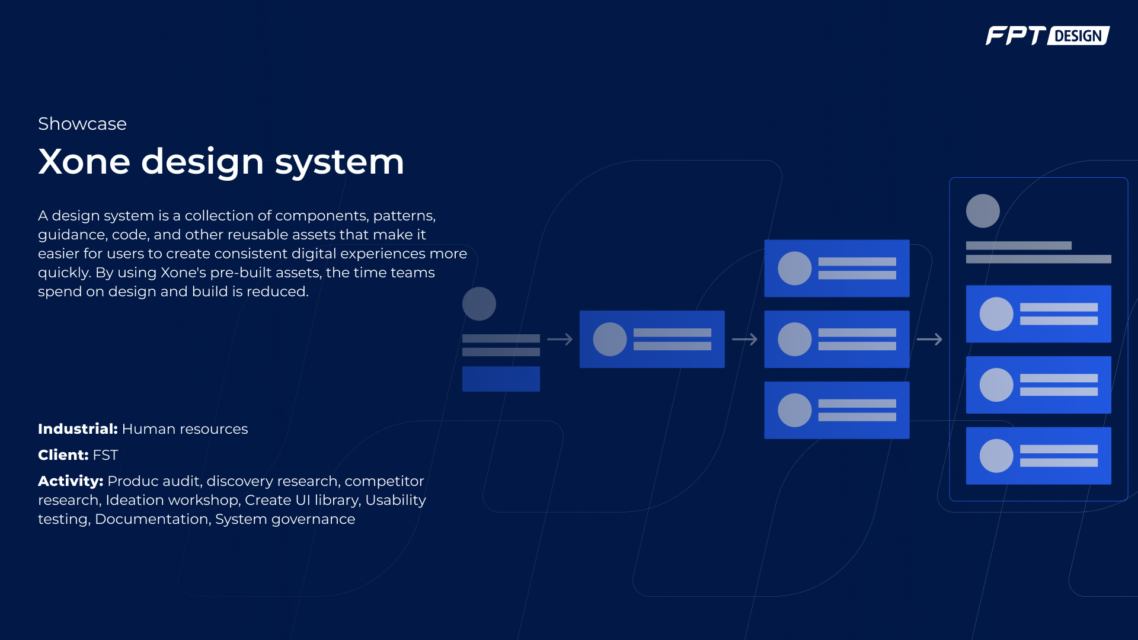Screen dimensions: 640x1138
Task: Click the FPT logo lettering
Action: tap(1015, 36)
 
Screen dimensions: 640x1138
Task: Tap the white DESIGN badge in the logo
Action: tap(1078, 36)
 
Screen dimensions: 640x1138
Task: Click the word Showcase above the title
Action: tap(82, 124)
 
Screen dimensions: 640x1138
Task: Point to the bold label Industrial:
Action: tap(78, 429)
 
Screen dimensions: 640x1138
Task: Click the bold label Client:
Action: tap(63, 455)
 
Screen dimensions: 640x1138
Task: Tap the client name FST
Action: tap(106, 455)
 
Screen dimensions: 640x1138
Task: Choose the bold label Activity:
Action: tap(71, 481)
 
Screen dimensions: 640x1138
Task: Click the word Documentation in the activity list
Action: tap(152, 519)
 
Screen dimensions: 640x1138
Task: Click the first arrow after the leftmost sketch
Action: tap(560, 340)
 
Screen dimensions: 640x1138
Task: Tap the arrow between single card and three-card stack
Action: tap(744, 340)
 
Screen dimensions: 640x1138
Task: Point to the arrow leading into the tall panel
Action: tap(929, 340)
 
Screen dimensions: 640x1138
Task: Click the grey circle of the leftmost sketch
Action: tap(479, 304)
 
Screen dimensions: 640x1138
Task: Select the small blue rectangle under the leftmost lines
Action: tap(501, 379)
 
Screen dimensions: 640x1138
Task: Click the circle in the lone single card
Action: tap(610, 340)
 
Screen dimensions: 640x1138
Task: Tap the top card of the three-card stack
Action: tap(836, 268)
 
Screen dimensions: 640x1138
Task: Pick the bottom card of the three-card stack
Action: tap(836, 410)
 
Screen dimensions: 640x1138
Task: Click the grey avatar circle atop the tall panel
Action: tap(983, 211)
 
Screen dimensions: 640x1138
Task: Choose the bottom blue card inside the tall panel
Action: tap(1038, 456)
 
